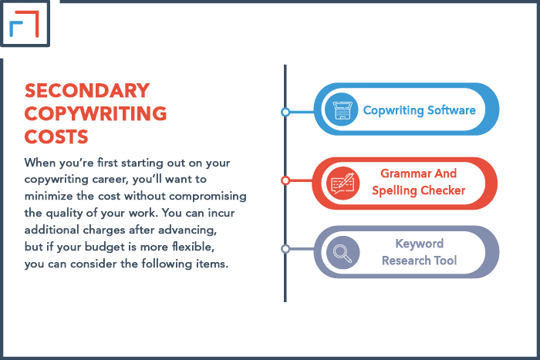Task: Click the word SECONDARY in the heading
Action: pyautogui.click(x=87, y=91)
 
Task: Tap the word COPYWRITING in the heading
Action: pyautogui.click(x=96, y=113)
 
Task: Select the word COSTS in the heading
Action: pyautogui.click(x=56, y=136)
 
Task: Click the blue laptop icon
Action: pyautogui.click(x=341, y=109)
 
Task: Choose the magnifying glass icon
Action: pyautogui.click(x=343, y=253)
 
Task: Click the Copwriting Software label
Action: pyautogui.click(x=419, y=110)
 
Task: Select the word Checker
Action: pyautogui.click(x=443, y=190)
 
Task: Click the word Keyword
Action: pyautogui.click(x=419, y=244)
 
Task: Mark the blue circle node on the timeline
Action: pyautogui.click(x=285, y=112)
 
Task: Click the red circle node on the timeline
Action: pyautogui.click(x=285, y=180)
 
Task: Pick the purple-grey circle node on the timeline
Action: pyautogui.click(x=285, y=249)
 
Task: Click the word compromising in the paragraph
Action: pyautogui.click(x=208, y=196)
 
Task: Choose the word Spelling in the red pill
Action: pyautogui.click(x=395, y=190)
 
